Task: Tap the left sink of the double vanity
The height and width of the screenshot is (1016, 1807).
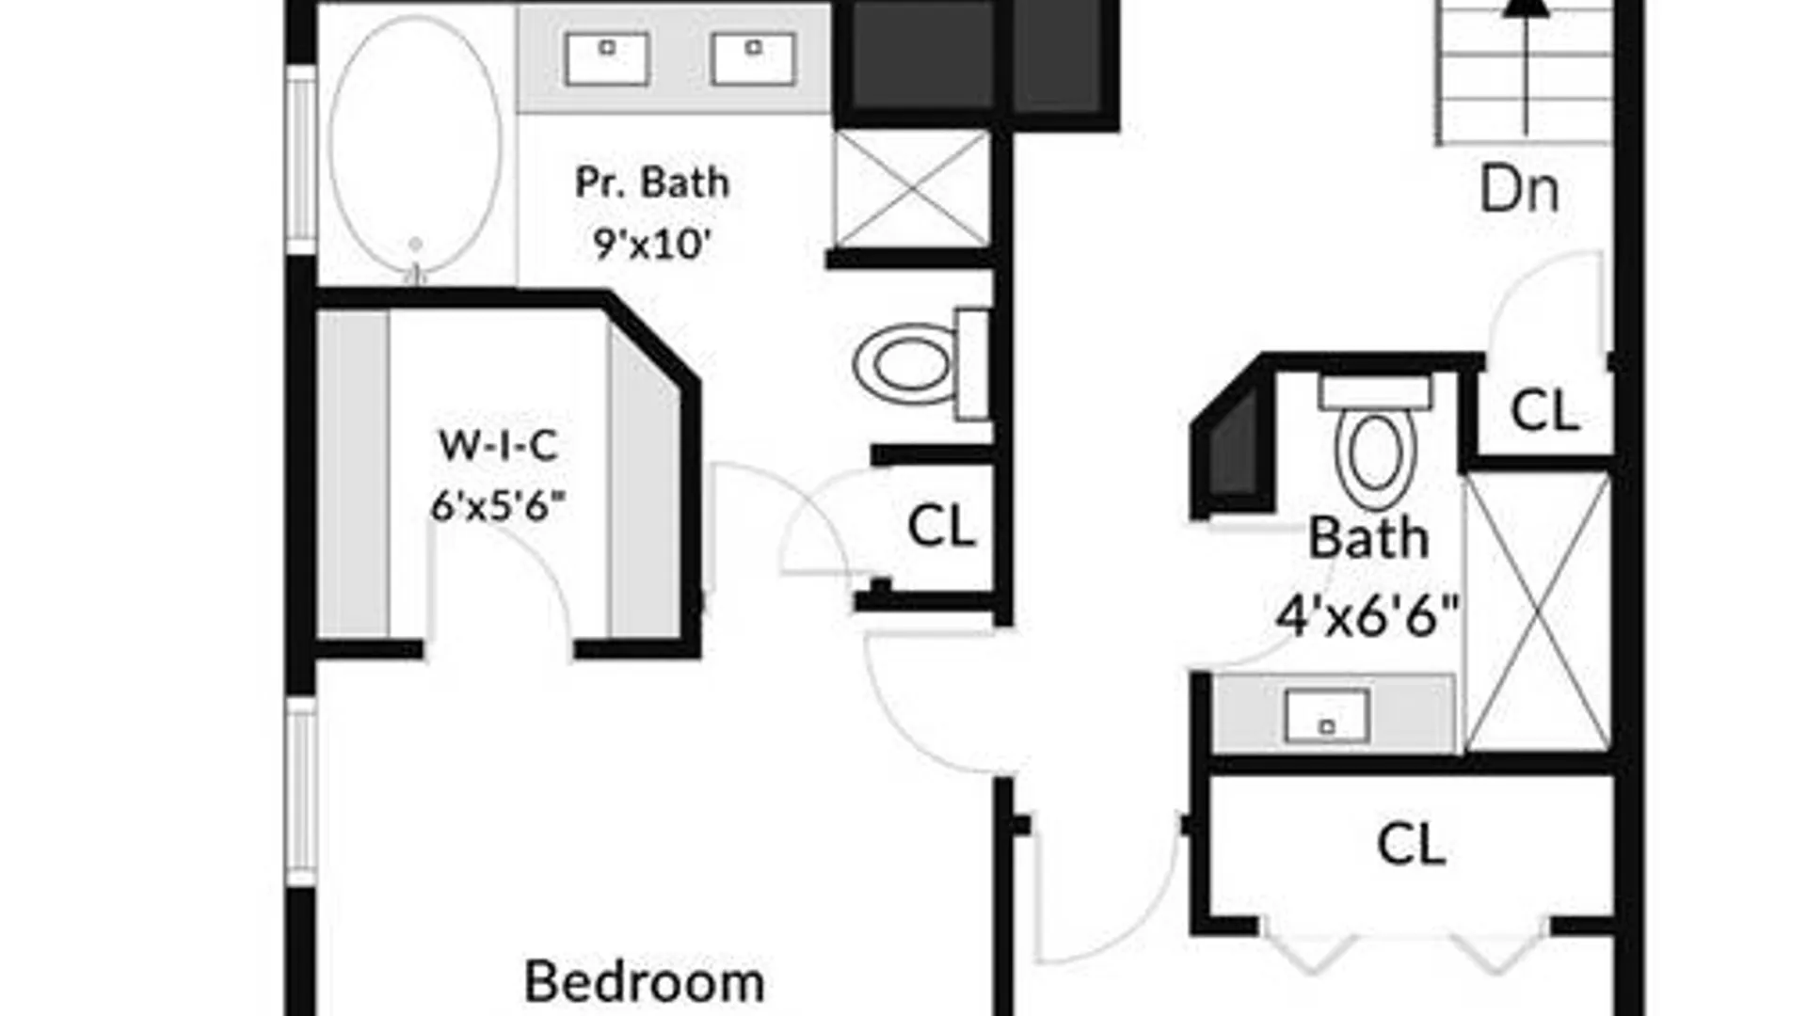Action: click(607, 58)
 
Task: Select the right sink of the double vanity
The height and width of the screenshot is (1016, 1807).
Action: click(754, 58)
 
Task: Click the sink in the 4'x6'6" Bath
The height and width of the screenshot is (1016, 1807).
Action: click(1327, 716)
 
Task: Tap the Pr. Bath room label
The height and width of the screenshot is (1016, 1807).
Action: click(652, 183)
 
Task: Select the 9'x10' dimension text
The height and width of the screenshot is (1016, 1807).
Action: click(651, 245)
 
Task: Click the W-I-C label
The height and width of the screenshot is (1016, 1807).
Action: click(499, 445)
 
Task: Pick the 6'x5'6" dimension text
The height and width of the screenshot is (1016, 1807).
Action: click(499, 506)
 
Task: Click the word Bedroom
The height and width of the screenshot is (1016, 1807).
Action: click(645, 982)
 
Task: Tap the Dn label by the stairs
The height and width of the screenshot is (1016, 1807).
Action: click(1519, 190)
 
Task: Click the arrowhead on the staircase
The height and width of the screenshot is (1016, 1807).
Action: click(1526, 7)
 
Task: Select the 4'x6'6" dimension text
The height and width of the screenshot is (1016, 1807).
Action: click(1367, 616)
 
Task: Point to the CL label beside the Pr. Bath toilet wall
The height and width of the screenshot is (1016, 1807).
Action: click(941, 526)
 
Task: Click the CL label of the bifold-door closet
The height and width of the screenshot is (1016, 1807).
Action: click(1411, 844)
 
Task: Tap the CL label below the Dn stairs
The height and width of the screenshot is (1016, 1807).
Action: click(1544, 411)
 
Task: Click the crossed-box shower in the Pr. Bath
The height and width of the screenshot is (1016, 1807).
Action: click(912, 189)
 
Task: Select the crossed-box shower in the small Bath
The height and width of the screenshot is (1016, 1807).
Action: click(1539, 612)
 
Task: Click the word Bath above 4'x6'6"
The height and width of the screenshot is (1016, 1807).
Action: click(1368, 538)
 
